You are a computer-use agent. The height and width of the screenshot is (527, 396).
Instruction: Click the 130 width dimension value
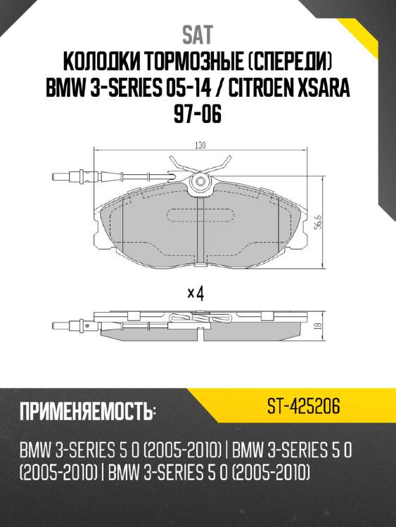pyautogui.click(x=200, y=145)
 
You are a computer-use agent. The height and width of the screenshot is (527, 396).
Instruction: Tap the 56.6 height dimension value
pyautogui.click(x=317, y=222)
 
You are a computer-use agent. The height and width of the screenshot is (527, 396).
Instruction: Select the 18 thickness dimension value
pyautogui.click(x=317, y=326)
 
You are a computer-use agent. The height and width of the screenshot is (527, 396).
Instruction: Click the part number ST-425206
pyautogui.click(x=304, y=406)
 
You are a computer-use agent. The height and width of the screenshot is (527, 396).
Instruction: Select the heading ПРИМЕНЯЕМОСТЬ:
pyautogui.click(x=87, y=411)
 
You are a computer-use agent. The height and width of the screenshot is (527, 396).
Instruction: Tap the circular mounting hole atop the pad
pyautogui.click(x=201, y=183)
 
